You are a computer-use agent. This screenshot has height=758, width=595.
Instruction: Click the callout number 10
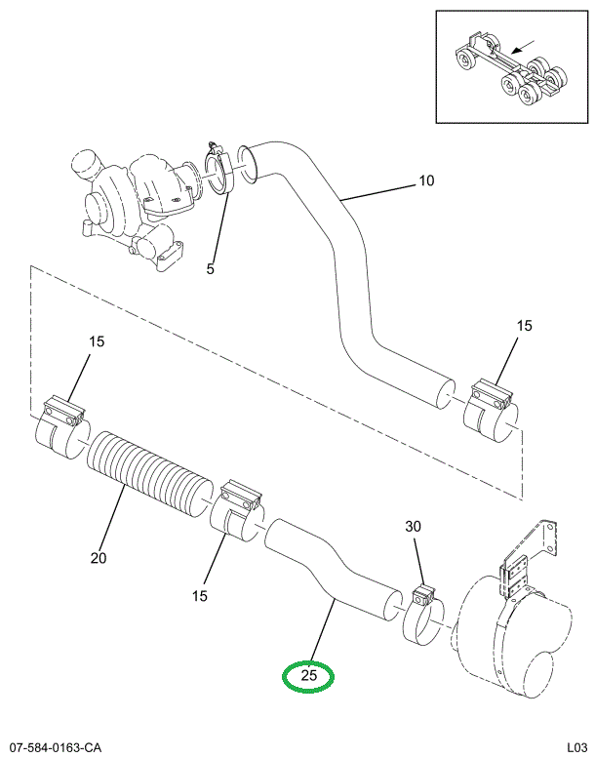426,180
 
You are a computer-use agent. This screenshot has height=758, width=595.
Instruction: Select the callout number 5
210,268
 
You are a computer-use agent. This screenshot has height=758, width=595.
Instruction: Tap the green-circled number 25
307,675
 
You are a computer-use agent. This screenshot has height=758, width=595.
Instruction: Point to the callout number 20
98,559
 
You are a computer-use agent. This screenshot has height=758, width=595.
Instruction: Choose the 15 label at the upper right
524,326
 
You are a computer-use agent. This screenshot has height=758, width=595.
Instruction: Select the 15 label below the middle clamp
200,595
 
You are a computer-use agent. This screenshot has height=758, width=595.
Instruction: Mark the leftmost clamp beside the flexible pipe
63,423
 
